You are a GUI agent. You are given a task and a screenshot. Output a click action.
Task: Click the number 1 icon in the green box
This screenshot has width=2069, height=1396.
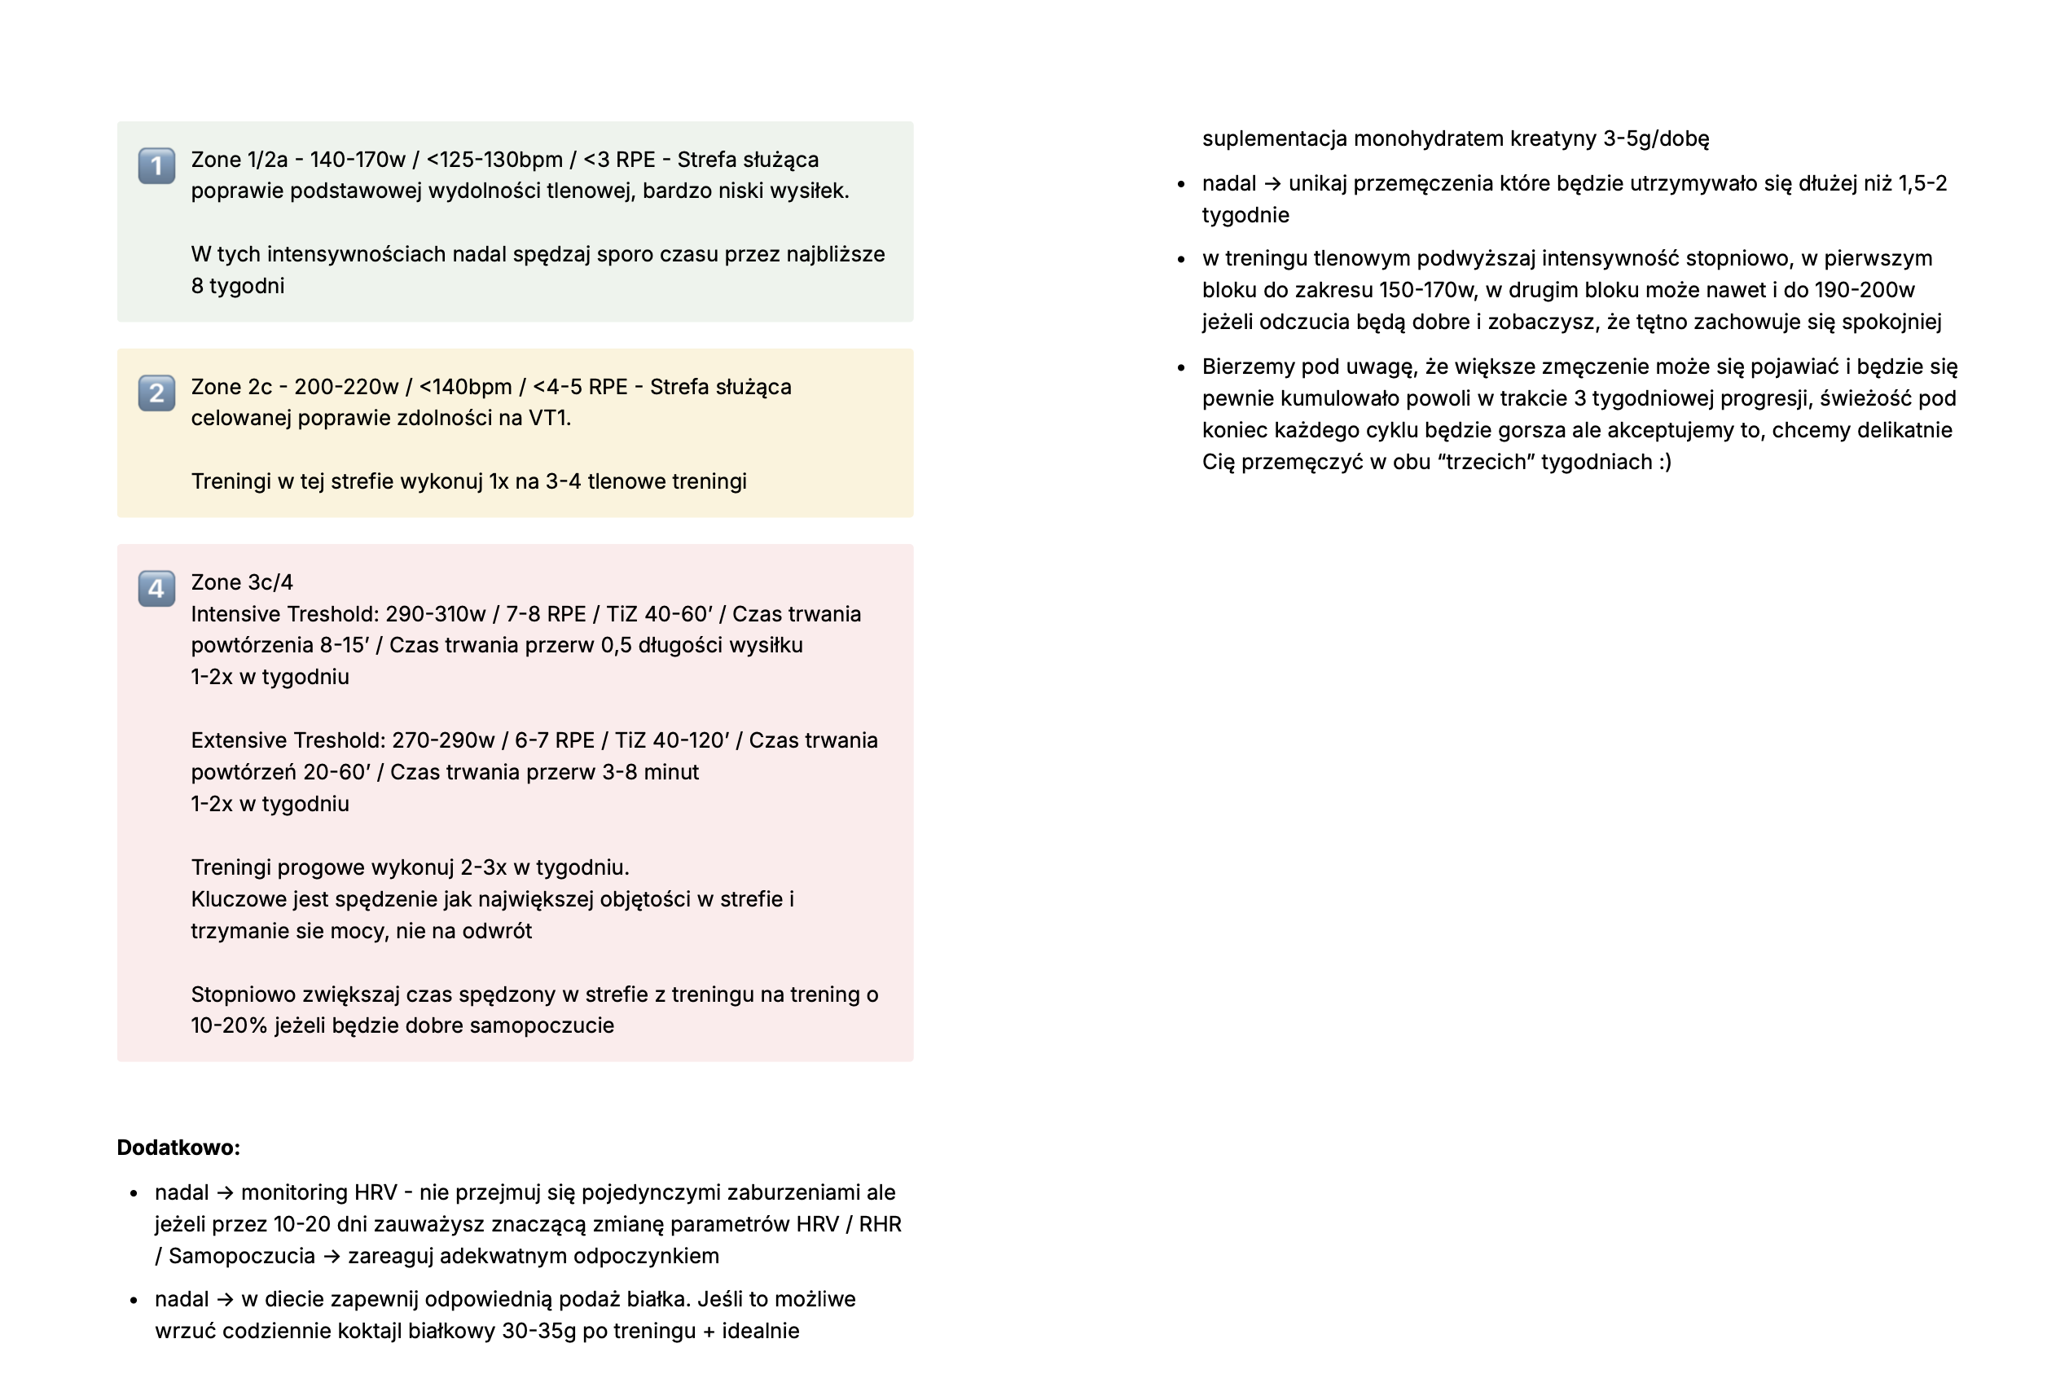[x=156, y=165]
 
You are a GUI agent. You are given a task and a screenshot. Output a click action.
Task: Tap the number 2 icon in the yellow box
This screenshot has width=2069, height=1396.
[x=156, y=393]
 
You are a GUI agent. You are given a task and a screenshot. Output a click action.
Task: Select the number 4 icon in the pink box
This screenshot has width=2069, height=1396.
[x=156, y=589]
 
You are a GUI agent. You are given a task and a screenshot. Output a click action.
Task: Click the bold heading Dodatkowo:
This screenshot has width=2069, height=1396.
[x=178, y=1148]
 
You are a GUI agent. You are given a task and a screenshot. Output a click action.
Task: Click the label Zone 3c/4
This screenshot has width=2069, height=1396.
[x=241, y=582]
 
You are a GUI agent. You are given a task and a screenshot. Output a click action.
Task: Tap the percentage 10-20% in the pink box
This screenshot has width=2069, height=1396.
[x=229, y=1025]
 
